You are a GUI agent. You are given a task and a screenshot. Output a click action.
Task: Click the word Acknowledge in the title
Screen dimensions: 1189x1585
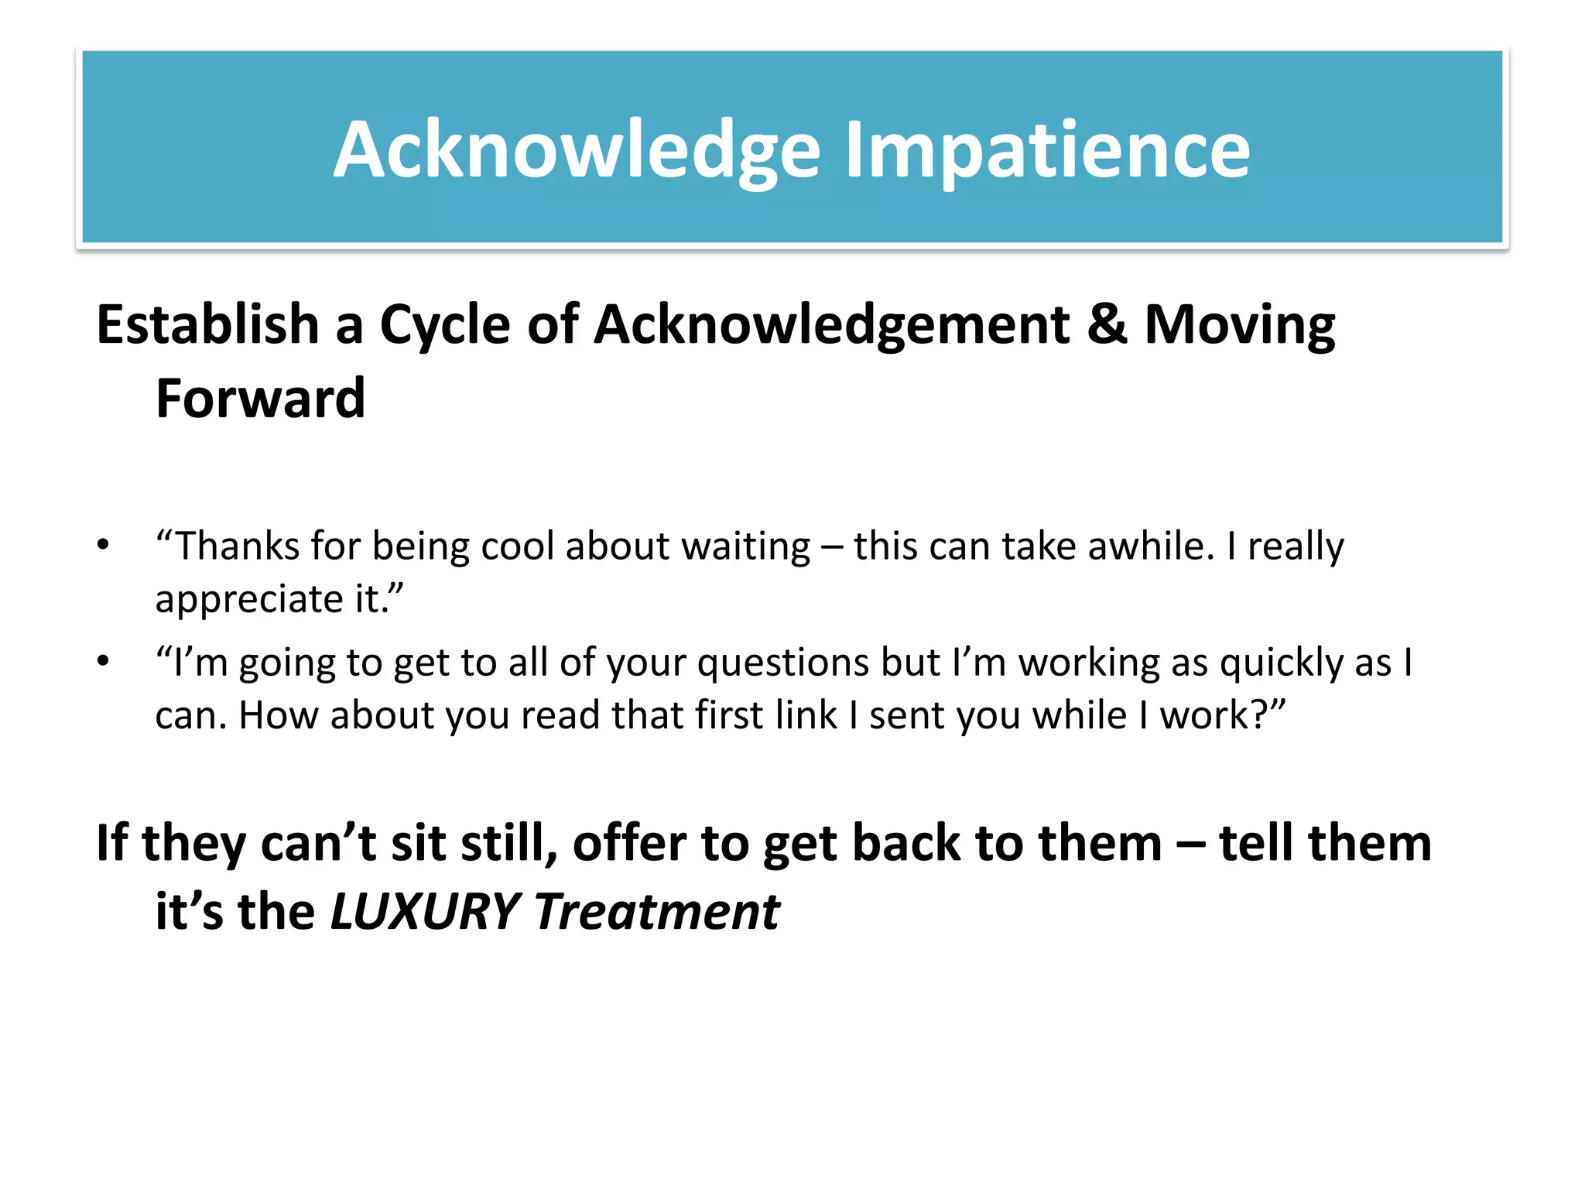tap(577, 150)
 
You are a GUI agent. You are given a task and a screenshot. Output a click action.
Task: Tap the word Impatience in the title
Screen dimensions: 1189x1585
tap(1046, 150)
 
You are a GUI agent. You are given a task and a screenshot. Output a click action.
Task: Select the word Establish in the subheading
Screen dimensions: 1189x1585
tap(207, 324)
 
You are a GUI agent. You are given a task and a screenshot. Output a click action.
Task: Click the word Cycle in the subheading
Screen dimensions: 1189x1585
tap(445, 326)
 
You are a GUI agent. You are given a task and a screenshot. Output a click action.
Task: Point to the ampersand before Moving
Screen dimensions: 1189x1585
tap(1107, 324)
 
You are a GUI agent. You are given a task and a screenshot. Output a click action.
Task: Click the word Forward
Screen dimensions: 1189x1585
tap(260, 399)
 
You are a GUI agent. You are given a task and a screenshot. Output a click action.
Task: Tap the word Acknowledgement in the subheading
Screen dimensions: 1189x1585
tap(833, 326)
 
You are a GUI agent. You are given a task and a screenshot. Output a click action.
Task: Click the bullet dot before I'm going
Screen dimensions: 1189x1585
tap(103, 661)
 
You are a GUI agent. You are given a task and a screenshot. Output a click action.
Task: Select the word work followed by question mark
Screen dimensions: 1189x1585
tap(1204, 715)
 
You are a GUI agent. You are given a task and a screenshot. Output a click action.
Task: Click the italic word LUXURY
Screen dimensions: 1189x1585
tap(424, 912)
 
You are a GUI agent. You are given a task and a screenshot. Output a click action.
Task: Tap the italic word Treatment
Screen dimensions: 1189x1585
tap(656, 912)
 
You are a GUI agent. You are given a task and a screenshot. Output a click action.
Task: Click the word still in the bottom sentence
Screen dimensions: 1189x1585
tap(509, 843)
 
